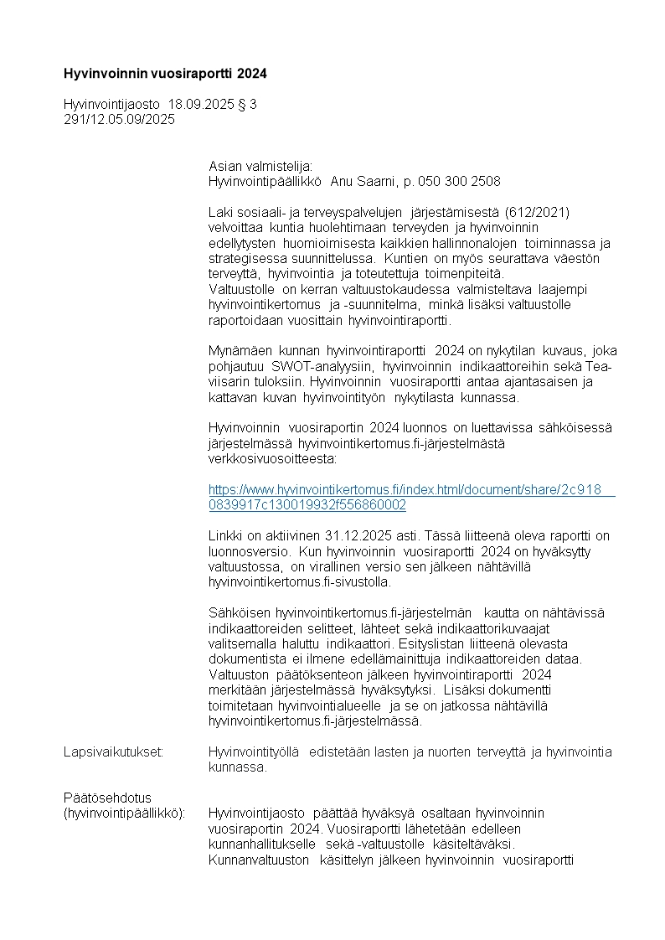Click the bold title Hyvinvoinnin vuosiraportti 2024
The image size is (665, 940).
165,74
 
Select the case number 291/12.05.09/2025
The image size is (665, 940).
119,119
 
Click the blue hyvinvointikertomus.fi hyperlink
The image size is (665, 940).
410,498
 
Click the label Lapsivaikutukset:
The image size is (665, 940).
114,752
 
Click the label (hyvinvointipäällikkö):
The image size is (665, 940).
126,813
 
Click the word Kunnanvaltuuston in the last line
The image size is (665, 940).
259,859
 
